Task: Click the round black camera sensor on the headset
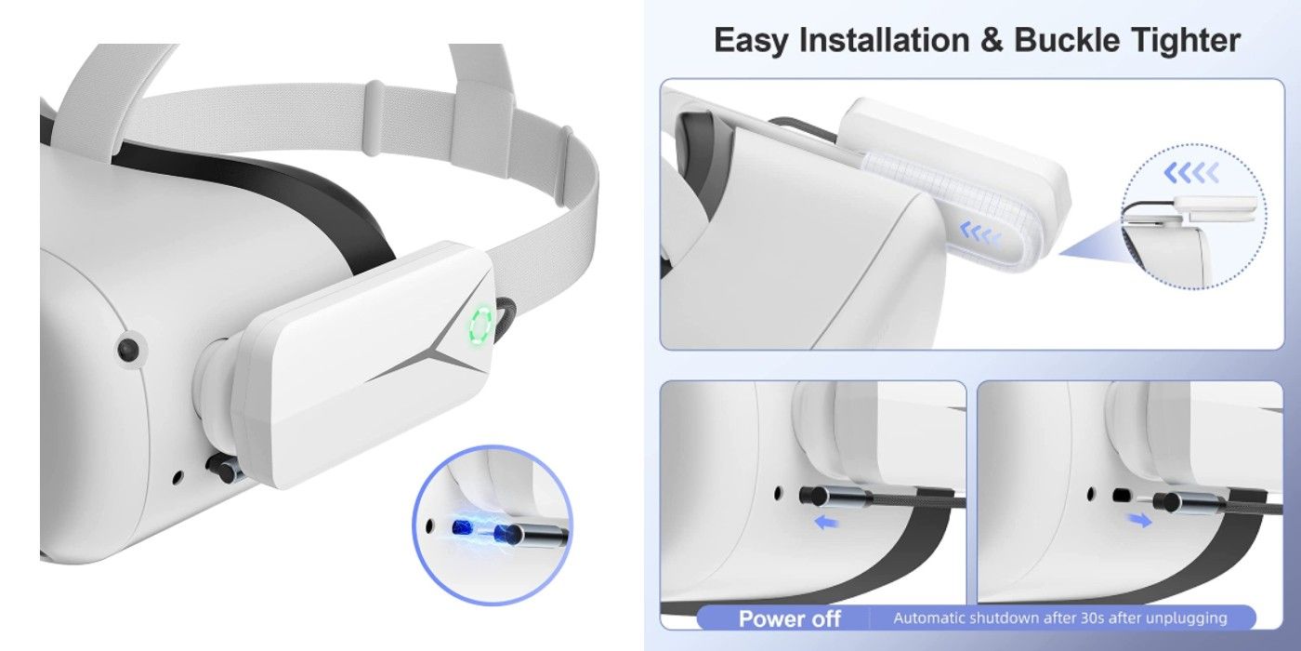[x=128, y=350]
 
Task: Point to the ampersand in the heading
[x=992, y=41]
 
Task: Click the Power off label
[x=789, y=618]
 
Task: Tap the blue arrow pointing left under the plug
[x=827, y=522]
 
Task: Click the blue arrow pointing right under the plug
[x=1139, y=519]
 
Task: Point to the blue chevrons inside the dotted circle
[x=1191, y=173]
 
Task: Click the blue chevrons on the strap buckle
[x=981, y=232]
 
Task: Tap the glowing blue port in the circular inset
[x=462, y=527]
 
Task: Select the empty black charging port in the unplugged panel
[x=1121, y=495]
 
